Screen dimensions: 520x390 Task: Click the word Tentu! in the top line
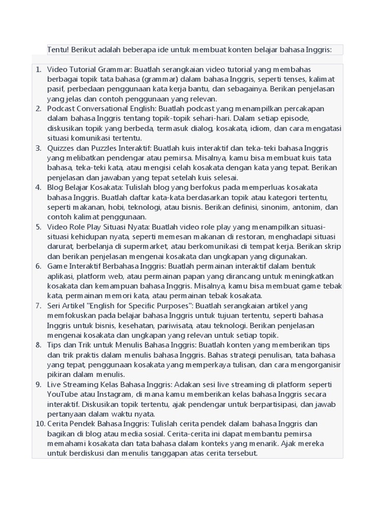click(x=58, y=50)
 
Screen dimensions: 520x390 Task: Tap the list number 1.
click(x=39, y=69)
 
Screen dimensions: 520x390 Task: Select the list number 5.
click(x=39, y=227)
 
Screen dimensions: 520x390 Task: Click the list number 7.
click(x=39, y=306)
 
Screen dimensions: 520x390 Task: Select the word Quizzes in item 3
click(x=61, y=148)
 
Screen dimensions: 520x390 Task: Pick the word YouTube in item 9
click(x=62, y=395)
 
